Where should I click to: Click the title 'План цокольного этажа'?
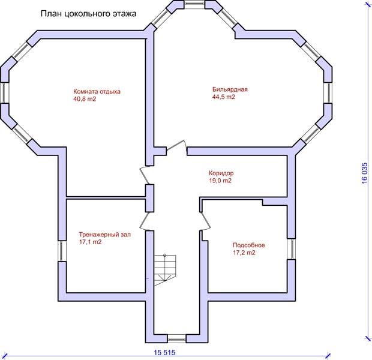[x=88, y=14]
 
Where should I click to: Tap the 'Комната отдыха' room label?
[x=97, y=92]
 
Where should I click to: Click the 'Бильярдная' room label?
[x=230, y=89]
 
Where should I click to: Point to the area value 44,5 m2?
[x=223, y=97]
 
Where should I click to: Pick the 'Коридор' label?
[x=221, y=173]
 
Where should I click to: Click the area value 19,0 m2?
[x=220, y=181]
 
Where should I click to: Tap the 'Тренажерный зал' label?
[x=104, y=235]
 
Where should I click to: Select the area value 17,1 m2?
[x=90, y=242]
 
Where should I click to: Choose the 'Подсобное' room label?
[x=248, y=245]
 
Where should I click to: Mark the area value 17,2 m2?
[x=244, y=253]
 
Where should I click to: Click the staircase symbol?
[x=165, y=270]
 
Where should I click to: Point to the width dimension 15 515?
[x=164, y=353]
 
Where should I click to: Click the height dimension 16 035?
[x=365, y=173]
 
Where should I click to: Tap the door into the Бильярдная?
[x=176, y=147]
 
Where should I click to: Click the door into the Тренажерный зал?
[x=145, y=221]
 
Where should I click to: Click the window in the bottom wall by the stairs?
[x=177, y=338]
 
